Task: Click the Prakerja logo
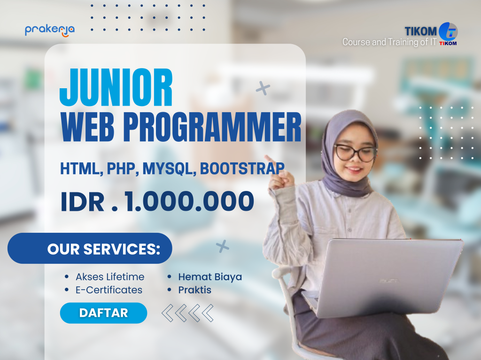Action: (x=49, y=30)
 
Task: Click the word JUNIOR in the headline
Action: (x=116, y=88)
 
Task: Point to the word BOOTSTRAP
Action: (x=242, y=168)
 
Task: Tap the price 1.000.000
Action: (x=189, y=200)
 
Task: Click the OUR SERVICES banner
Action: (x=90, y=248)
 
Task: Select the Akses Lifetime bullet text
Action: (x=110, y=277)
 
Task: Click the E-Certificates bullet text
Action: (x=109, y=290)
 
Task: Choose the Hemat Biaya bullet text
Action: (x=210, y=277)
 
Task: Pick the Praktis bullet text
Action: (x=195, y=290)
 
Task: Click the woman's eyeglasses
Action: (x=355, y=153)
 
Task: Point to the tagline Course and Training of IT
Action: (x=389, y=42)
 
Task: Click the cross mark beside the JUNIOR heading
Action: (x=263, y=88)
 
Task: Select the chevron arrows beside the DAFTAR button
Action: (x=187, y=313)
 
